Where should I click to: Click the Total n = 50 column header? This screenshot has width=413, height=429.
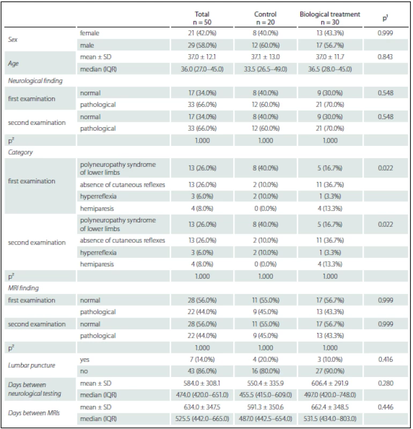[202, 18]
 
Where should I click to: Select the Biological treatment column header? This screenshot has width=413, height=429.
[330, 18]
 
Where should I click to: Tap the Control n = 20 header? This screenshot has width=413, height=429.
[265, 18]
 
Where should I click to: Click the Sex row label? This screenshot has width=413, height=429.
[12, 39]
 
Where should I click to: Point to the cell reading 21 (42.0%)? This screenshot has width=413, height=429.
[202, 33]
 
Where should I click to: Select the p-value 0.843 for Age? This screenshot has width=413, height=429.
[385, 57]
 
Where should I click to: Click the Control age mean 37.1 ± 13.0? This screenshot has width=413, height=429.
[265, 57]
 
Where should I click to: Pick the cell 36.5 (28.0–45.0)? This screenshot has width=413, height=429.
[330, 69]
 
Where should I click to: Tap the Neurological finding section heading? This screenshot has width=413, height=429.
[35, 81]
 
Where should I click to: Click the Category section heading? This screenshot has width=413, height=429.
[20, 152]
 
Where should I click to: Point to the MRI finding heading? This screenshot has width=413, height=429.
[23, 288]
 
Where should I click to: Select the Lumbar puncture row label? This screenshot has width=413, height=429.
[32, 365]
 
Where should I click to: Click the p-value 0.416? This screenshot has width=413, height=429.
[385, 359]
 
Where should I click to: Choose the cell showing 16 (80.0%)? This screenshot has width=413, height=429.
[265, 371]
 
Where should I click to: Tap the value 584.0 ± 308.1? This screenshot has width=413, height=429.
[202, 383]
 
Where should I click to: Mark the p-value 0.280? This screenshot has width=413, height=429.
[385, 383]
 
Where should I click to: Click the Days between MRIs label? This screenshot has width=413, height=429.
[34, 413]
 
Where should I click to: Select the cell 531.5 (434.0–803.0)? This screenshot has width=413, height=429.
[330, 419]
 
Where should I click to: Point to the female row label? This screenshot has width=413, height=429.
[90, 33]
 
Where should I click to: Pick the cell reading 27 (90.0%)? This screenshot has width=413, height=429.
[330, 371]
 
